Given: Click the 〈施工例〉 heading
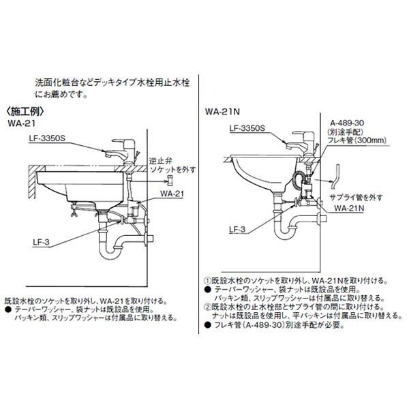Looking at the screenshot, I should click(25, 111).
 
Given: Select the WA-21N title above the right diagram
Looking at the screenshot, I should click(220, 112).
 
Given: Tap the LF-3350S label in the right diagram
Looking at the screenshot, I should click(247, 127).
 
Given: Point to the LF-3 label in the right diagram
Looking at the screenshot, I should click(237, 230).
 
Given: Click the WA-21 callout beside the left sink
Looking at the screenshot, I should click(172, 194).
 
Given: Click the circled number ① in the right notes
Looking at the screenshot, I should click(207, 280).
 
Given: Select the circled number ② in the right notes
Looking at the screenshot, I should click(207, 307).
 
